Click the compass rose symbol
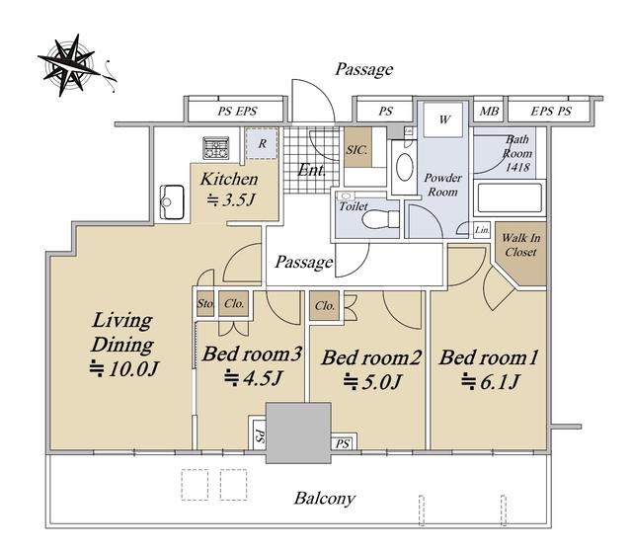[69, 65]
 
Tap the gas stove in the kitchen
[216, 148]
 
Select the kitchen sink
[172, 202]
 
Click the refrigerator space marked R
[262, 143]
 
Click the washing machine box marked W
[443, 119]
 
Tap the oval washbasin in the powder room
[404, 168]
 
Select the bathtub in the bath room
[510, 197]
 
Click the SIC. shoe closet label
[357, 150]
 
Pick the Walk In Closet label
[520, 245]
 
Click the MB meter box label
[489, 111]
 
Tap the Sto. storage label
[205, 303]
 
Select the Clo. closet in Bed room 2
[325, 306]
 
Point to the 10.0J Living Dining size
[124, 368]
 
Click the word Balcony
[325, 499]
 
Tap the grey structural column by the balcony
[298, 433]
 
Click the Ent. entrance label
[312, 170]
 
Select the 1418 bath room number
[517, 167]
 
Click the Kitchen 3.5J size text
[231, 199]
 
